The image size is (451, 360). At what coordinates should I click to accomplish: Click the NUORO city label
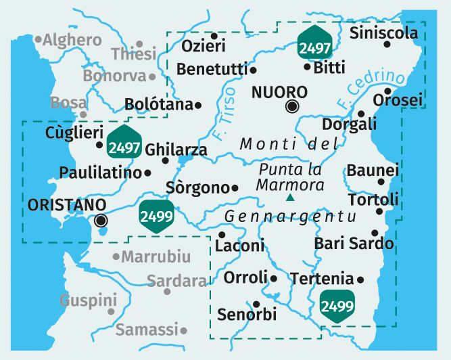tap(279, 92)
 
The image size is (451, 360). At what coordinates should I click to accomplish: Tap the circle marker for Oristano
tap(101, 219)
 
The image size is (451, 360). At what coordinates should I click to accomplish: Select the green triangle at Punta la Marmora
tap(290, 198)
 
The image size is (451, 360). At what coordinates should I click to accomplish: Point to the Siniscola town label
tap(379, 32)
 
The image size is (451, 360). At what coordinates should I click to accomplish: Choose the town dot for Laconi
tap(222, 234)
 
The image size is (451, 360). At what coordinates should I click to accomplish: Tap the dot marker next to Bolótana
tap(198, 105)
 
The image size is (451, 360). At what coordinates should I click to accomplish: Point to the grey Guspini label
tap(88, 300)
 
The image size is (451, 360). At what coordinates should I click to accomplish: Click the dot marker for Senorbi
tap(256, 304)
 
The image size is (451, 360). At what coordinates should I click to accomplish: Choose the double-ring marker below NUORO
tap(292, 106)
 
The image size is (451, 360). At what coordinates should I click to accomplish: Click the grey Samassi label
tap(147, 330)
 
